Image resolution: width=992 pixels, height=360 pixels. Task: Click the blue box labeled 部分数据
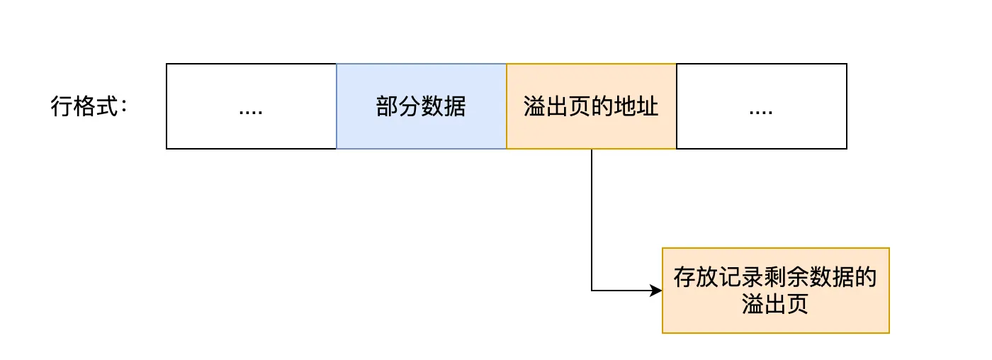(x=421, y=106)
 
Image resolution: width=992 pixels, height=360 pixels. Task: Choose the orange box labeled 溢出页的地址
(x=591, y=106)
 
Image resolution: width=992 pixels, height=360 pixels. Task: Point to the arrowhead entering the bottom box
(x=655, y=290)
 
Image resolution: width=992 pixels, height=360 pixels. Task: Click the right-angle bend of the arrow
(x=592, y=290)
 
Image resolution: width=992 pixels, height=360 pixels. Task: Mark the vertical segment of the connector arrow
(x=592, y=220)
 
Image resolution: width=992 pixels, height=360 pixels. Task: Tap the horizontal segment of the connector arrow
(x=620, y=290)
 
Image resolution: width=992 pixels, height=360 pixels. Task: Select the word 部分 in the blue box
(x=399, y=107)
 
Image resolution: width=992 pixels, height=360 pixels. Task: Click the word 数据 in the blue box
(x=444, y=107)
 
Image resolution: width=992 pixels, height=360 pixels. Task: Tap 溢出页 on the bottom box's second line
(x=775, y=305)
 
